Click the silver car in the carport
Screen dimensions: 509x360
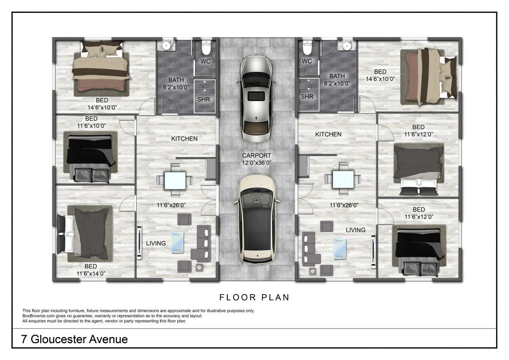click(256, 99)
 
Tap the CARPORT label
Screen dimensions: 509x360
click(256, 156)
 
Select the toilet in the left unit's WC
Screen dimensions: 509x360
click(206, 48)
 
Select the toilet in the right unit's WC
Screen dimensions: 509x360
click(307, 48)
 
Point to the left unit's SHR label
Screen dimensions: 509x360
click(203, 100)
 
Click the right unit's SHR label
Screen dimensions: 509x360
click(307, 96)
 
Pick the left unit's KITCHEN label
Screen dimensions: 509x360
click(184, 138)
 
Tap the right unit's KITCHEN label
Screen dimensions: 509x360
click(328, 134)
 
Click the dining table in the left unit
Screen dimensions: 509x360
click(175, 180)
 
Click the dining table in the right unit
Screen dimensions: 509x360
click(343, 179)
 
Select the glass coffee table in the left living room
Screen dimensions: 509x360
click(178, 242)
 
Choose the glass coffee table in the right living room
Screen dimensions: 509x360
click(340, 249)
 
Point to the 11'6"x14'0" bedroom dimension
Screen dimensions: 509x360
click(91, 274)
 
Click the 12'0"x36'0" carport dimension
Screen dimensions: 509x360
click(256, 163)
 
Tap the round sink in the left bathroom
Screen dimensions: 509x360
click(166, 46)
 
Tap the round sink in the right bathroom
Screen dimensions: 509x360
click(347, 46)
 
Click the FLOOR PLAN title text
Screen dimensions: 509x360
click(255, 297)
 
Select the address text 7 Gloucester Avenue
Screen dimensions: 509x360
click(74, 339)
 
